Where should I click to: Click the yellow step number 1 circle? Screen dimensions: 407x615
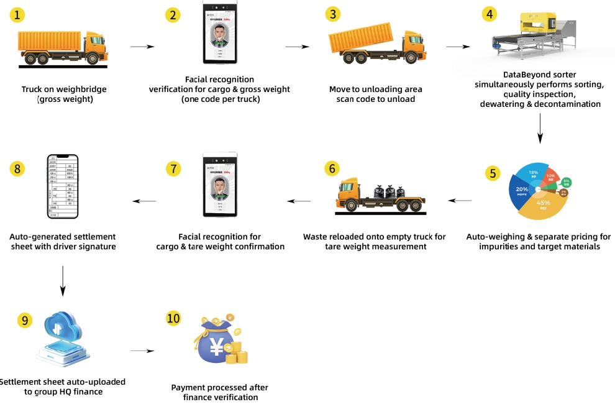click(x=20, y=16)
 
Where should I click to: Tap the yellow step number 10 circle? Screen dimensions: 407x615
click(x=174, y=318)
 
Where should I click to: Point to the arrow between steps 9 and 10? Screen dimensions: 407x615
click(x=142, y=351)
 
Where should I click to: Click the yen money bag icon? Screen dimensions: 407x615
click(x=217, y=345)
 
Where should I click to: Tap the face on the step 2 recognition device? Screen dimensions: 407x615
click(x=220, y=37)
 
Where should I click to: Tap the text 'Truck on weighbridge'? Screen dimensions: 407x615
click(x=63, y=89)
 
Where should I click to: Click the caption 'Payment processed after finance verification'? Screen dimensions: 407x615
click(x=214, y=392)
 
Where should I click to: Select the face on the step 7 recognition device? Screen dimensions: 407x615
click(x=220, y=186)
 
